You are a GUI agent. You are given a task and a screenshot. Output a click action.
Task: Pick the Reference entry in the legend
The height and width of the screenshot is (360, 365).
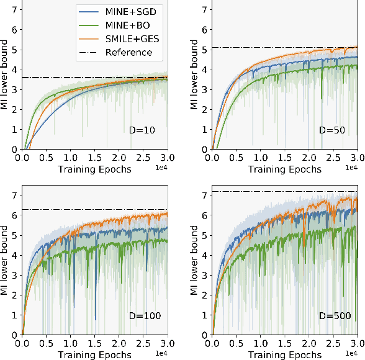(x=128, y=52)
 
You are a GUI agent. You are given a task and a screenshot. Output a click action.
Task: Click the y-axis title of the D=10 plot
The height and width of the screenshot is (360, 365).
(x=6, y=75)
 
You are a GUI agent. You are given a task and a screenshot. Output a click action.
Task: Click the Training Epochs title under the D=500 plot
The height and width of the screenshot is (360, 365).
(x=284, y=355)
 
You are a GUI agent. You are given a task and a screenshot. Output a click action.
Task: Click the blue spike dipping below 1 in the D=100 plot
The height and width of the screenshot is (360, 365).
(x=95, y=318)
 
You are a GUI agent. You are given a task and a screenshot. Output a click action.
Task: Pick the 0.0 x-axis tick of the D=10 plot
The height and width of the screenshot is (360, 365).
(x=22, y=158)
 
